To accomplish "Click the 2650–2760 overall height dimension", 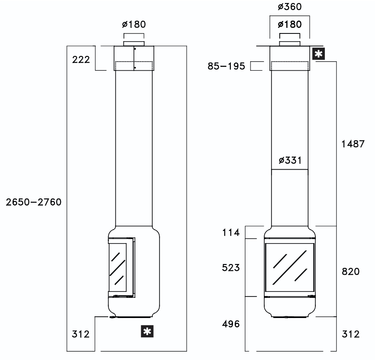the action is (x=34, y=202).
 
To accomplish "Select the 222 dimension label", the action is (x=81, y=60).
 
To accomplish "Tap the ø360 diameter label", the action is (x=290, y=7).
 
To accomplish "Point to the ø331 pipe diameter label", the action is (x=290, y=160).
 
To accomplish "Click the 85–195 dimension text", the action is (x=226, y=66).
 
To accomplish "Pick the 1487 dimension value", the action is (x=353, y=144).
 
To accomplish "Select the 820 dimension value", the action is (x=351, y=272).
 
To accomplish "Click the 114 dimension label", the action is (x=231, y=232).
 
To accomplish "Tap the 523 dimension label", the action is (x=231, y=267).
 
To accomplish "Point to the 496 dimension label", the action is (x=231, y=324).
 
